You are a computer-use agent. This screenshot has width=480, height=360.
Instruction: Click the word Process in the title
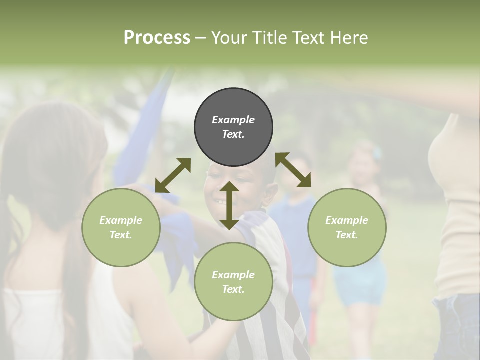pyautogui.click(x=157, y=38)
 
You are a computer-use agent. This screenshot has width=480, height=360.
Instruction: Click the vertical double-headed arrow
pyautogui.click(x=229, y=205)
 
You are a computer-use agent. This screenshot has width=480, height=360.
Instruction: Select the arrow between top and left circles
pyautogui.click(x=173, y=175)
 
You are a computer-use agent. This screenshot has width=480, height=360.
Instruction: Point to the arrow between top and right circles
pyautogui.click(x=293, y=170)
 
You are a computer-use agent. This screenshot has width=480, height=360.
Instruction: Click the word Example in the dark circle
pyautogui.click(x=233, y=120)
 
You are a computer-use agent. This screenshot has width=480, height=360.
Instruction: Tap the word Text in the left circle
pyautogui.click(x=121, y=235)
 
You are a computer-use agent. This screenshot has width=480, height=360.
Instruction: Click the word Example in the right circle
pyautogui.click(x=347, y=220)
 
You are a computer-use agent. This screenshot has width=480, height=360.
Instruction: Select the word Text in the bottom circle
pyautogui.click(x=233, y=289)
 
